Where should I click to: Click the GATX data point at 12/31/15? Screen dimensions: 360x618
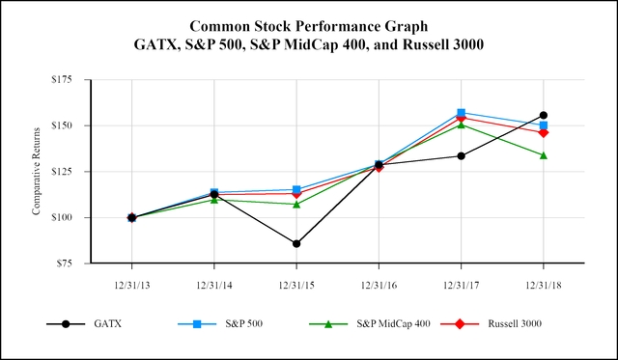pos(296,243)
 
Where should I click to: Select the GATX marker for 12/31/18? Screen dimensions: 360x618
pos(544,116)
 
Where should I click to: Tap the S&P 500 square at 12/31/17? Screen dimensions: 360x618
pos(462,113)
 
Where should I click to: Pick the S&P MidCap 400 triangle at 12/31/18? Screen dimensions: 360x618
pos(544,155)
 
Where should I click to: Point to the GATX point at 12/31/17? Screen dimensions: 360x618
pos(462,155)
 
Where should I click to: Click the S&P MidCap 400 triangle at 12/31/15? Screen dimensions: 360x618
pos(296,204)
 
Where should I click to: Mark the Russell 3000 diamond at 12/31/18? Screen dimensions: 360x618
pos(544,132)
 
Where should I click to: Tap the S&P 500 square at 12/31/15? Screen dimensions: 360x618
pos(296,189)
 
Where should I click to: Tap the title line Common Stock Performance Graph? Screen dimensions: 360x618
pos(308,25)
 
